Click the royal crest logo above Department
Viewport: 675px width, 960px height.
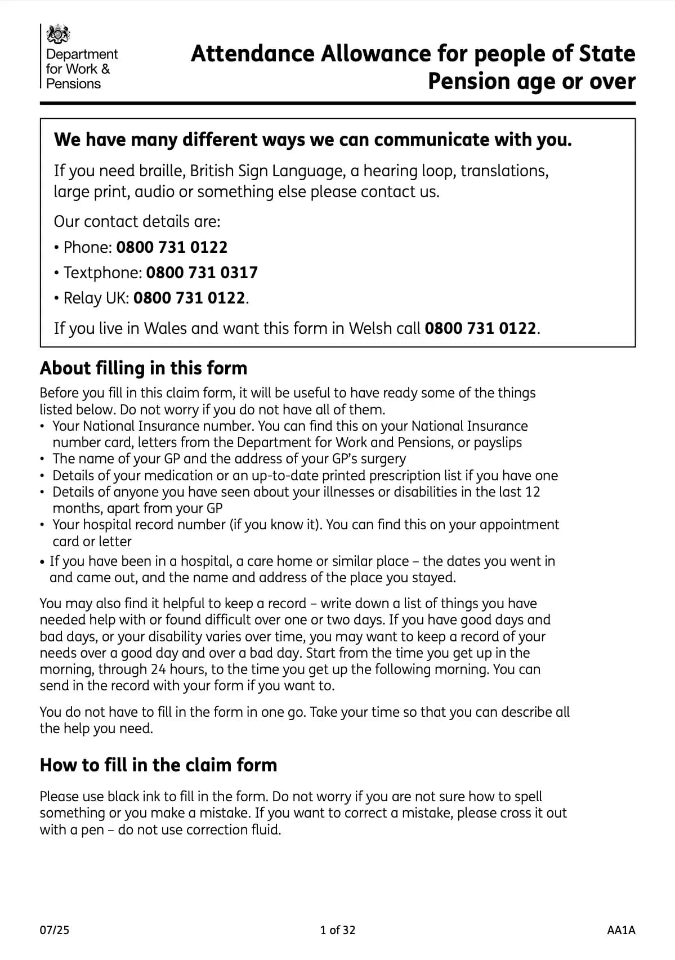(58, 34)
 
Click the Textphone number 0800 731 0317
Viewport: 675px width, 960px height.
(202, 273)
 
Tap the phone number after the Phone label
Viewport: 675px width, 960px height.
(172, 247)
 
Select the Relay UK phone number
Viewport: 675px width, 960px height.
(189, 298)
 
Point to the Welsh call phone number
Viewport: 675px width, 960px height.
(480, 328)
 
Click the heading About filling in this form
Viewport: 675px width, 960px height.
(144, 368)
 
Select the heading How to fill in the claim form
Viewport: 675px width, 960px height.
(158, 765)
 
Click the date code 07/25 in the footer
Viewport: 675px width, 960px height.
(55, 930)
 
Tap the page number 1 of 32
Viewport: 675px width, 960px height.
(338, 930)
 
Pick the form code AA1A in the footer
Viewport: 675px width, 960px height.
(621, 930)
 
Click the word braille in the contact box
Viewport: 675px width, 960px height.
(157, 171)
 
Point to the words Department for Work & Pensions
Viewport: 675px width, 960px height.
(82, 69)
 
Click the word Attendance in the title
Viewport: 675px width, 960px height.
(253, 54)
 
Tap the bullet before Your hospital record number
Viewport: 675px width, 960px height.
(42, 525)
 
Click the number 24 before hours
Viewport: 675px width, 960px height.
(158, 669)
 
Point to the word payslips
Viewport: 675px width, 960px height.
(498, 443)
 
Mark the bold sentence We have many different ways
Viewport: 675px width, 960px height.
(312, 140)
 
